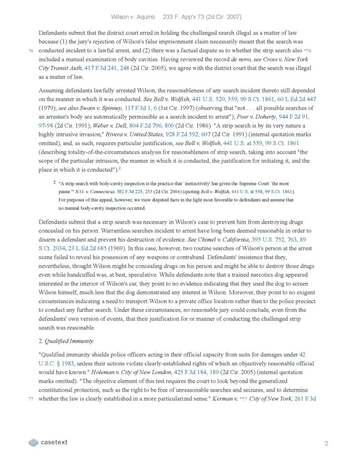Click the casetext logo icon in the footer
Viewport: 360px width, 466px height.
pyautogui.click(x=33, y=442)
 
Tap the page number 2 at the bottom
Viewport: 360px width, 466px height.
pyautogui.click(x=326, y=443)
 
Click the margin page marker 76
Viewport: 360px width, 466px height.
pyautogui.click(x=30, y=51)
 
